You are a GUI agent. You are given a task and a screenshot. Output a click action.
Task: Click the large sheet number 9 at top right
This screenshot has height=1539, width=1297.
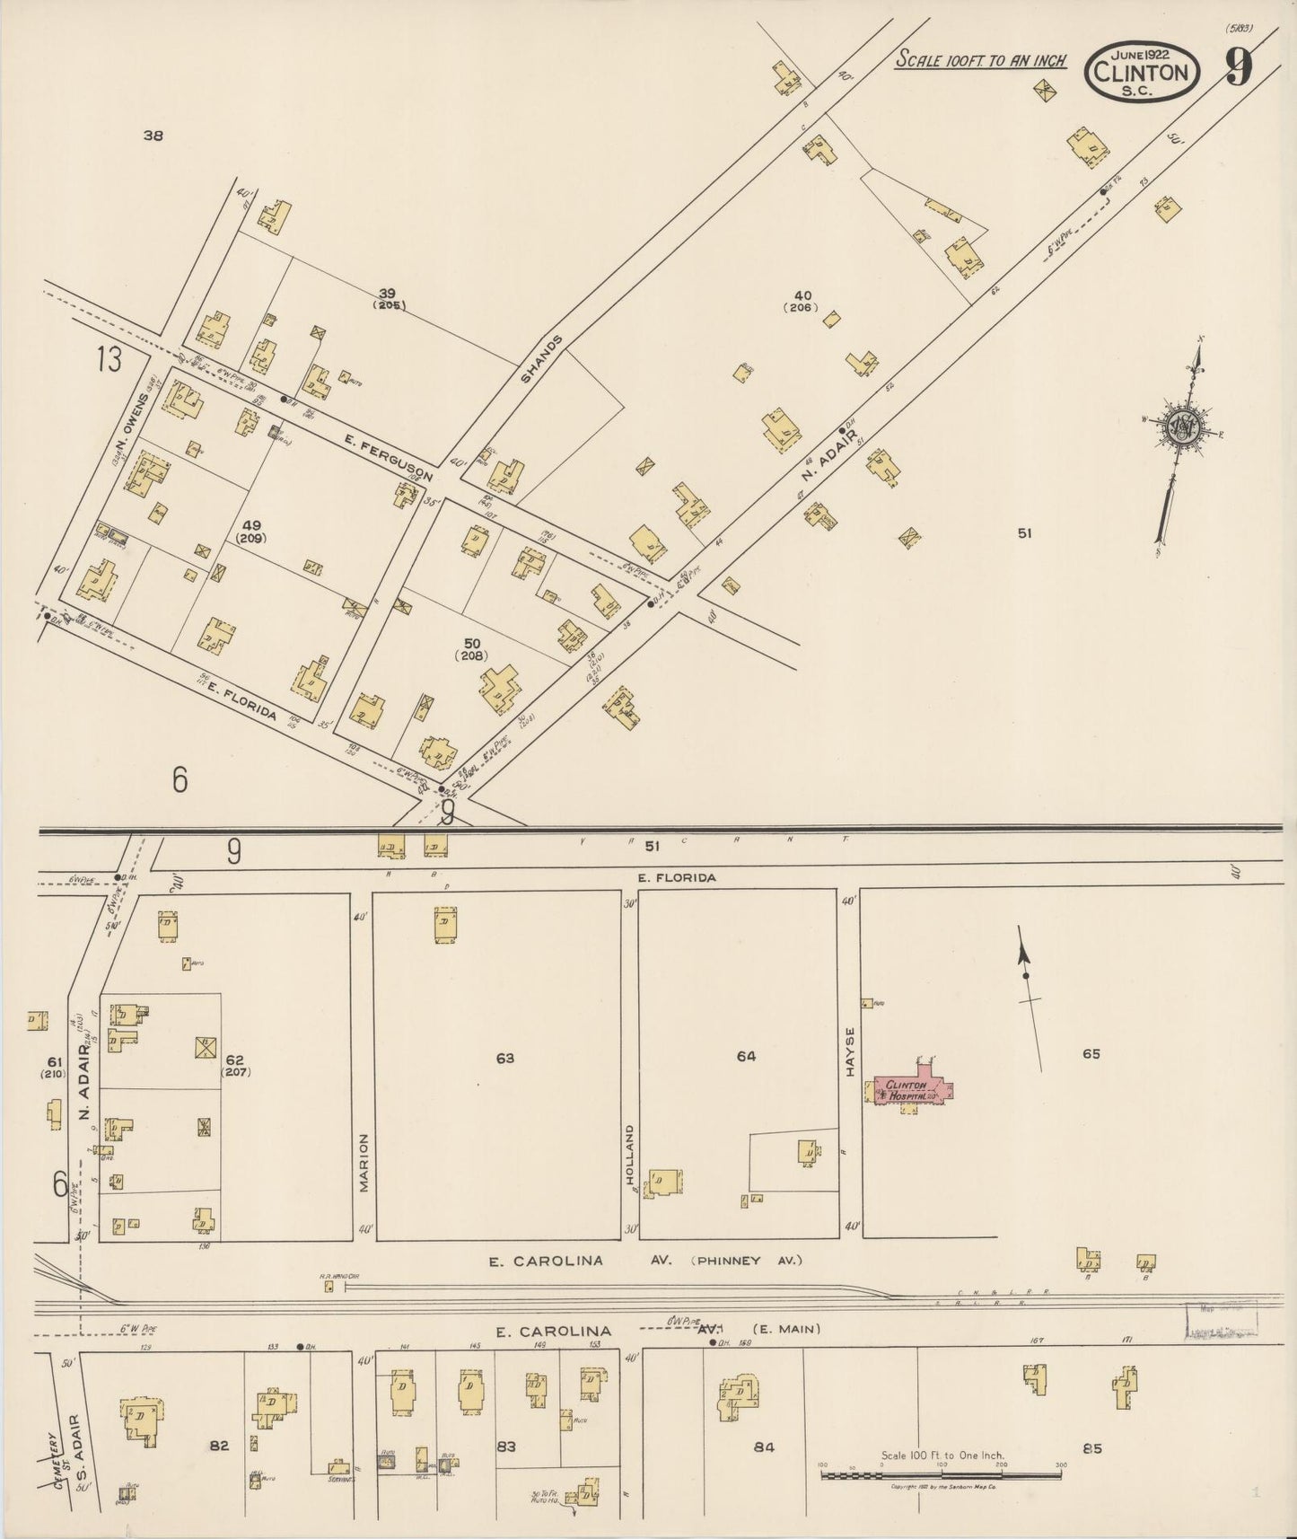(x=1239, y=66)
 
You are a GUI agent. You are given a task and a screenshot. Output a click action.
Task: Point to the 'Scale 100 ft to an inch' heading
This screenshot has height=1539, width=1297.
(x=981, y=60)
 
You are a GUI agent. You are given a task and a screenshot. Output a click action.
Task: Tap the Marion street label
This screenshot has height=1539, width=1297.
(x=364, y=1162)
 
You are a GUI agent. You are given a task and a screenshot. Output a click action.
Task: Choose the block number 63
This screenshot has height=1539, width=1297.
(x=505, y=1059)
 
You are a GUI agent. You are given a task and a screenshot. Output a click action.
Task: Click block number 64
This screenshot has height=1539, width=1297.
(x=746, y=1056)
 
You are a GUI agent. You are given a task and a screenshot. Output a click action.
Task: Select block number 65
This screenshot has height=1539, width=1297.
(x=1091, y=1053)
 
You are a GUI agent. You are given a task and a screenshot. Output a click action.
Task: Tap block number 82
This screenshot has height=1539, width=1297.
(x=219, y=1445)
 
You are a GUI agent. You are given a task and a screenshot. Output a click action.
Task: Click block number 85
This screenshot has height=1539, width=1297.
(x=1091, y=1447)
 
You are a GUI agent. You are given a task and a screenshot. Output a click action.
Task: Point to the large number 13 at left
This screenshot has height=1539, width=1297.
(x=110, y=360)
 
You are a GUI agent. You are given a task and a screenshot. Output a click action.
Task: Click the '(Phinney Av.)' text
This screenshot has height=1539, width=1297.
(x=746, y=1261)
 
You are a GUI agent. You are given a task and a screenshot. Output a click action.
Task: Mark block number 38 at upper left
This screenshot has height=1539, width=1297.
(x=153, y=136)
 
